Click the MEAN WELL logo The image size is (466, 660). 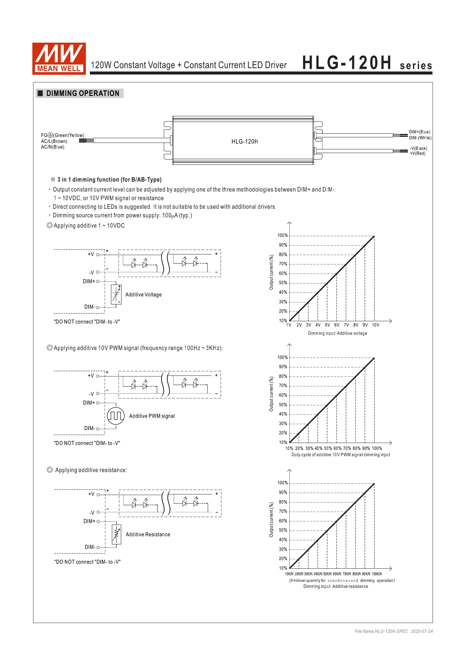[x=59, y=59]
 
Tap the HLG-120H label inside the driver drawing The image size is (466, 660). [x=244, y=142]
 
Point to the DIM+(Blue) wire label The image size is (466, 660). [x=419, y=132]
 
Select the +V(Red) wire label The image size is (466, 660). [x=417, y=154]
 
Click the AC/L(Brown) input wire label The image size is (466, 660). [x=54, y=141]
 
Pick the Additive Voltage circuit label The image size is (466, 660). [x=143, y=295]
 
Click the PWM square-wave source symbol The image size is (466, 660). [x=116, y=416]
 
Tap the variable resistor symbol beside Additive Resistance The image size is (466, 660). [x=116, y=534]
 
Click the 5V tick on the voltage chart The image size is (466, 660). [x=327, y=325]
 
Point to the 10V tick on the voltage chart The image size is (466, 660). [x=376, y=325]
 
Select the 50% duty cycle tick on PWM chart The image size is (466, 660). [x=328, y=449]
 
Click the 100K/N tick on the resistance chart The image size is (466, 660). [x=376, y=574]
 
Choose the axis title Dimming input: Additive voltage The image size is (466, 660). [x=337, y=333]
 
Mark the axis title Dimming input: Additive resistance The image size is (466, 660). [x=336, y=587]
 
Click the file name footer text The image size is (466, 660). [x=393, y=632]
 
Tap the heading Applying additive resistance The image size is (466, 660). [x=91, y=470]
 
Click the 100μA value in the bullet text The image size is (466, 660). [x=170, y=216]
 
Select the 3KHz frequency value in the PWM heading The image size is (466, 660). [x=213, y=348]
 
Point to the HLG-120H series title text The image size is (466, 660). [x=367, y=63]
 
